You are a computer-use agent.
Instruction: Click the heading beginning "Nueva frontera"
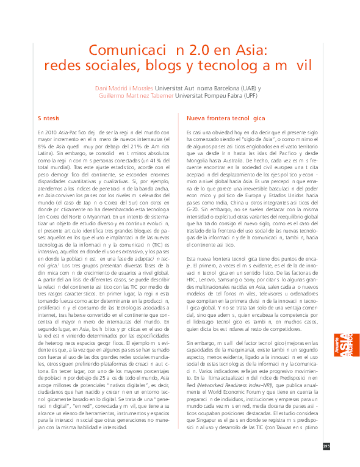pyautogui.click(x=226, y=118)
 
